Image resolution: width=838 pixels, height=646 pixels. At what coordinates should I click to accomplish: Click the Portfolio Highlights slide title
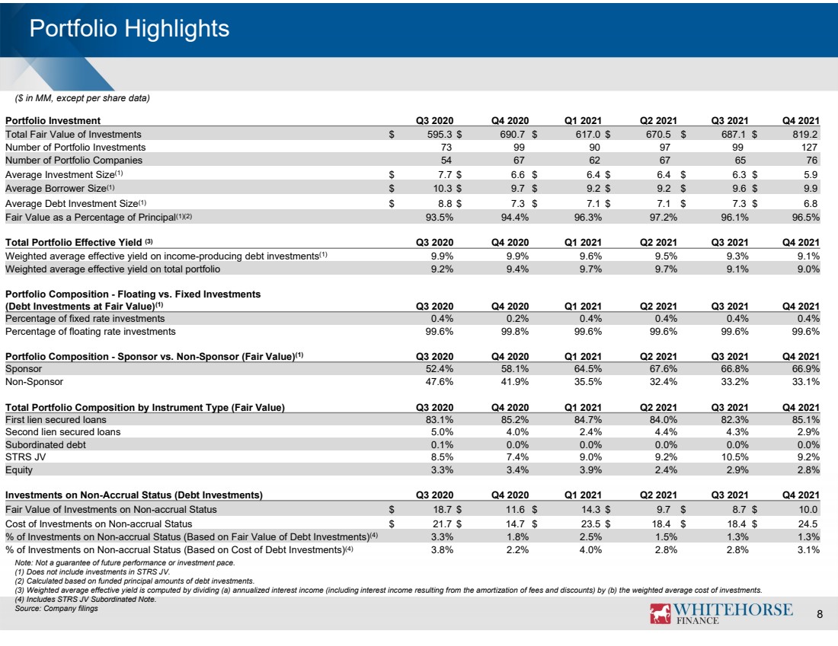point(130,29)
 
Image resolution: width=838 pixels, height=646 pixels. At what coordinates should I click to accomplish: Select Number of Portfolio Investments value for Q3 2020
point(446,148)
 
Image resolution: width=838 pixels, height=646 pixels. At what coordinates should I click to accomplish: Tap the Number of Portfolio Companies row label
point(74,160)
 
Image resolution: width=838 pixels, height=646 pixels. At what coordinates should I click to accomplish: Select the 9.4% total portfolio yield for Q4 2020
point(517,269)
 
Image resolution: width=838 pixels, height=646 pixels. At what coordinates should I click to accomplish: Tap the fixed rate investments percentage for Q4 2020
point(517,319)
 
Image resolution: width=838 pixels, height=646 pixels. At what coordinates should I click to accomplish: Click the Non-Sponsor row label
point(34,382)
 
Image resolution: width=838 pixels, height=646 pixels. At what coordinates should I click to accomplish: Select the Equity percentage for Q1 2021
point(590,469)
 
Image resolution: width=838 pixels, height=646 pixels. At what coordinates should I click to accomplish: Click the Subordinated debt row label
point(46,444)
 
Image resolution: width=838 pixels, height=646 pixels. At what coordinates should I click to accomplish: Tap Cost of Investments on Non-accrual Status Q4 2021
point(808,523)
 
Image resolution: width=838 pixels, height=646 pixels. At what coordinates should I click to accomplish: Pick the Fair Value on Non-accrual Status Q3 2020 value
point(443,509)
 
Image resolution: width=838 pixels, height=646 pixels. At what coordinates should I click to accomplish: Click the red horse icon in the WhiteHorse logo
point(660,613)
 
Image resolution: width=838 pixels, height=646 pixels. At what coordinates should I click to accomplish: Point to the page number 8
point(819,615)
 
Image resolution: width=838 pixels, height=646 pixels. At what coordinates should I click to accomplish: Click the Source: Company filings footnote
point(56,608)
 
